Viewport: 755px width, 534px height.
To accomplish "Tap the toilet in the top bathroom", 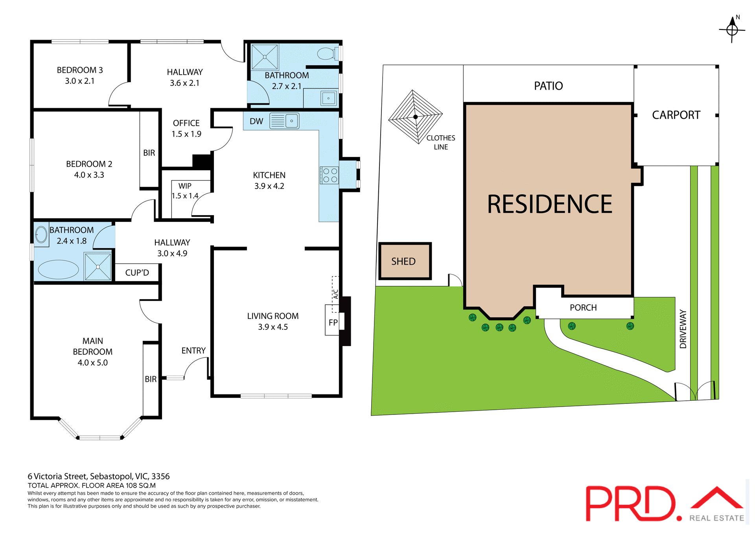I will point(327,53).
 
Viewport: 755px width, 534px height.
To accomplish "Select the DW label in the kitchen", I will point(256,122).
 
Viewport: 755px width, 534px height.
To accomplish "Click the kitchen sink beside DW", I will point(284,121).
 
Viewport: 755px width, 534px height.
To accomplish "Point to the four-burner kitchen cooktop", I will point(329,175).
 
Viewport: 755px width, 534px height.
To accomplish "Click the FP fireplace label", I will point(333,323).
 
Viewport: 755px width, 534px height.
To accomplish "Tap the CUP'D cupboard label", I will point(137,273).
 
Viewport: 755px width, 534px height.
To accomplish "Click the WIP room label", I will point(185,186).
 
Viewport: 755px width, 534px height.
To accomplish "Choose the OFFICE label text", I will point(186,123).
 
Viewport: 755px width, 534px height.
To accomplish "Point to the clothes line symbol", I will point(415,117).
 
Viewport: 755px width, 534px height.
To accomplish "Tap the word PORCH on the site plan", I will point(583,308).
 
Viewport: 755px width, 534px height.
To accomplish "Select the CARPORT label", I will point(676,115).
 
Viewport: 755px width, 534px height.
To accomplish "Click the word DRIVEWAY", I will point(683,329).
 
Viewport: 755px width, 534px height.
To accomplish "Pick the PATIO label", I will point(548,86).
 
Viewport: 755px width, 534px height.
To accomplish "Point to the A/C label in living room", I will point(335,294).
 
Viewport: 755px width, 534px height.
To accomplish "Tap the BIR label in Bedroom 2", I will point(149,153).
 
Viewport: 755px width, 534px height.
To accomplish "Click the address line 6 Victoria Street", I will point(99,477).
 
